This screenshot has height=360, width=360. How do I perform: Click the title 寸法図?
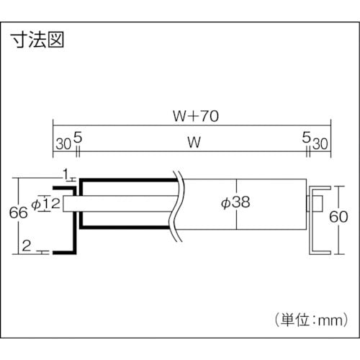[37, 39]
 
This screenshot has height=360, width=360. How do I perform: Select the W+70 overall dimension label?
[192, 114]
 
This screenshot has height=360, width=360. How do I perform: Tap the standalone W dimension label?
[192, 143]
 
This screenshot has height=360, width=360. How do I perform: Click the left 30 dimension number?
[63, 143]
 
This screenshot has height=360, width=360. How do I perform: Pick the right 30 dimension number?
[321, 143]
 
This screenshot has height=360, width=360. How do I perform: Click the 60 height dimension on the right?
[346, 216]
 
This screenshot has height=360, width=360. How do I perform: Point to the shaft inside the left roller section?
[122, 204]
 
